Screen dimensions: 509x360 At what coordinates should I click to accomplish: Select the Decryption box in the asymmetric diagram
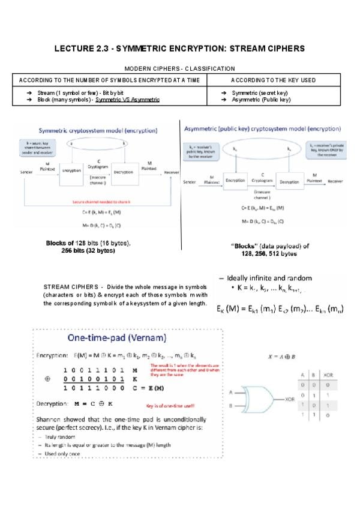point(289,181)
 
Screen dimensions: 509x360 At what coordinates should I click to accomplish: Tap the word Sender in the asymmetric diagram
point(190,181)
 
